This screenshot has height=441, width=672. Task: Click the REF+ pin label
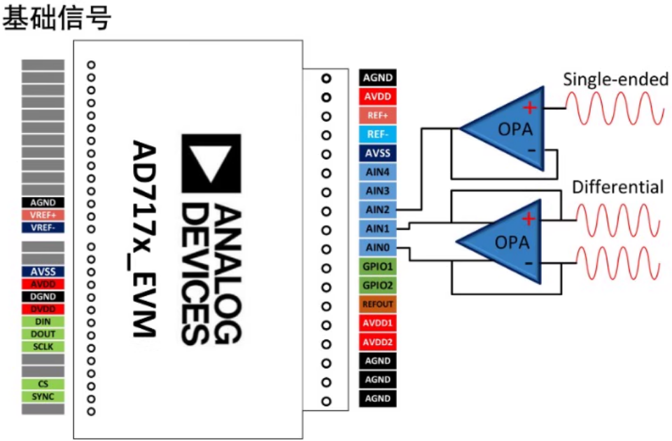tap(377, 116)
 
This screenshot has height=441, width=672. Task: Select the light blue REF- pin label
tap(377, 135)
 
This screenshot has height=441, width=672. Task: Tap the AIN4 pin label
tap(377, 172)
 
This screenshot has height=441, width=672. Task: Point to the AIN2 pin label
tap(377, 210)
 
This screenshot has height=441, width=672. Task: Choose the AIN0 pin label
tap(377, 247)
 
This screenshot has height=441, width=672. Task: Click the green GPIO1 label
tap(377, 266)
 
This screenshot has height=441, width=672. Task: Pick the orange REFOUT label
tap(377, 304)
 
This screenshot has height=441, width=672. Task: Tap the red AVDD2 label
tap(377, 342)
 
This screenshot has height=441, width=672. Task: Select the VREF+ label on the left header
tap(43, 215)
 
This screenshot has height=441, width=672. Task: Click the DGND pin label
tap(43, 297)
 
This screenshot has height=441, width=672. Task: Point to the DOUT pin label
tap(43, 334)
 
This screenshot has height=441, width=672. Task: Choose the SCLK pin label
tap(43, 346)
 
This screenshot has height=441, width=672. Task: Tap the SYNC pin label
tap(43, 396)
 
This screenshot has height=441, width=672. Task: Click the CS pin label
tap(43, 384)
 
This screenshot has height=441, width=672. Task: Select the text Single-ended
tap(615, 79)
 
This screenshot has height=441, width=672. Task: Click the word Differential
tap(617, 187)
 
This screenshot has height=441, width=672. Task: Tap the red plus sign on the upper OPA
tap(530, 107)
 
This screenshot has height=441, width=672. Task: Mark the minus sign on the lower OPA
tap(529, 263)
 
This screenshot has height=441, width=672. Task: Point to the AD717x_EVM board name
tap(144, 239)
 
